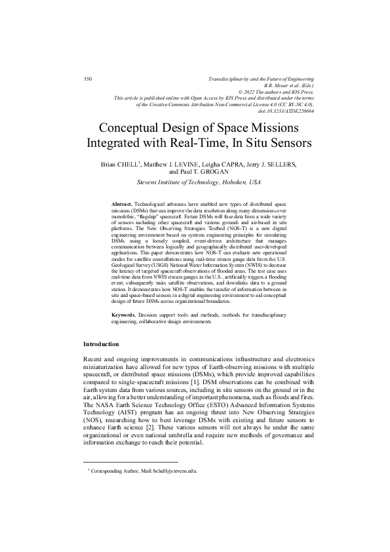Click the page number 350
(88, 79)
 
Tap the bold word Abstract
(122, 205)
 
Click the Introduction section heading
(101, 344)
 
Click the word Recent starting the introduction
(94, 359)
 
